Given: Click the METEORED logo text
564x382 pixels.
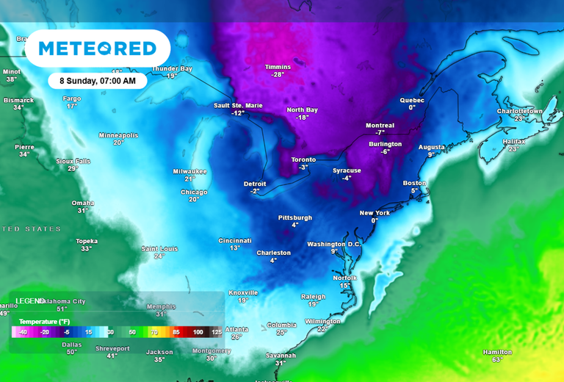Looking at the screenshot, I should (98, 49).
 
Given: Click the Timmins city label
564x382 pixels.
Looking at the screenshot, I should (278, 67).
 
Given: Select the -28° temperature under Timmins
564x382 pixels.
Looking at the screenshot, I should (278, 75).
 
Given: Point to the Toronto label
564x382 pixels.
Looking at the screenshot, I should (303, 159).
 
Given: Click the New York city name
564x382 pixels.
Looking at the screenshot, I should (375, 213).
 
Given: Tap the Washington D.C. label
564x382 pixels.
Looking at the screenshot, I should (334, 244).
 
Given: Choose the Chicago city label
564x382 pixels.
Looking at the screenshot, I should (194, 192).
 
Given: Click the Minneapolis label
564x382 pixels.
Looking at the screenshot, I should (118, 135).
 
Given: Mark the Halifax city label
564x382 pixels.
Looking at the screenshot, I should (513, 141).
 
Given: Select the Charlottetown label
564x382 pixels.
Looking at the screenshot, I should (520, 111).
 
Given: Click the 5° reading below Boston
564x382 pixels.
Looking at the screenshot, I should (414, 191).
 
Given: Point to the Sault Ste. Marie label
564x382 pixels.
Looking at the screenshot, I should (237, 105).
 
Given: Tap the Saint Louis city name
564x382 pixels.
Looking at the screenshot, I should (159, 248).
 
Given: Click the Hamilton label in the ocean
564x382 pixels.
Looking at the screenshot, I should (497, 352).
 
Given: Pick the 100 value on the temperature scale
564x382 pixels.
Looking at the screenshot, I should (198, 332).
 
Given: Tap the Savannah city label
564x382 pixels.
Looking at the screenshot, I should (281, 356).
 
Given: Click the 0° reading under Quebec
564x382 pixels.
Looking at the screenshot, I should (412, 107).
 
